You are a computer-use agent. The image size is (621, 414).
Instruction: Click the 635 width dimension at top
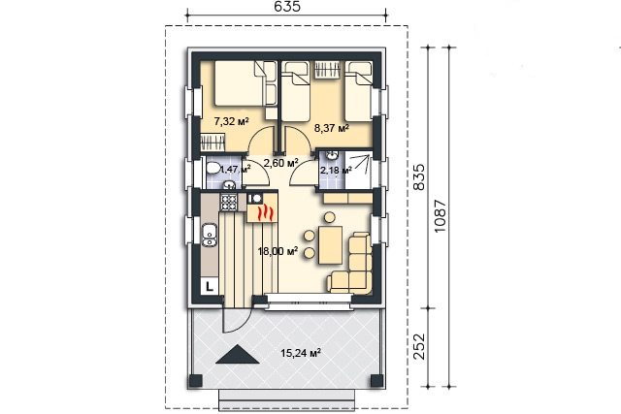287,7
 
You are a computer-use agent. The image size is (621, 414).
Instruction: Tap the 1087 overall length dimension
440,216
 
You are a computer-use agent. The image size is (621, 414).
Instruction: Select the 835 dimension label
418,177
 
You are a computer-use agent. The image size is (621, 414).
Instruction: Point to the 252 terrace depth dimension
418,347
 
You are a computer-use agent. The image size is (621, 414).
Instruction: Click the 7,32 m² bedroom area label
231,121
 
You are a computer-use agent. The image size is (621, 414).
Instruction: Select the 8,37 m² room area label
332,128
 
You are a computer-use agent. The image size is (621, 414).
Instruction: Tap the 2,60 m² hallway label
280,163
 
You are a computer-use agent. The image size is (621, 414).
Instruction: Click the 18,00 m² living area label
278,251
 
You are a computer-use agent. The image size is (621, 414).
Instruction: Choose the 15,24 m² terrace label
301,353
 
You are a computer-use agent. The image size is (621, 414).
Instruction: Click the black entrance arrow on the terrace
238,354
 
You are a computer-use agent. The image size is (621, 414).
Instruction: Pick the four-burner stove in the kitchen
229,202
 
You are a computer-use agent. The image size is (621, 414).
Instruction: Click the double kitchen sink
210,235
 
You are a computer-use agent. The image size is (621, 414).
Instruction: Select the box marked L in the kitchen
210,286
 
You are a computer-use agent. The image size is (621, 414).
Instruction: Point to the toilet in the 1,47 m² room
213,168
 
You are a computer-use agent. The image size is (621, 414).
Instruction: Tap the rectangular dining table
330,245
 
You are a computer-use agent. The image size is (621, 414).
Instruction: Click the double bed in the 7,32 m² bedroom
240,83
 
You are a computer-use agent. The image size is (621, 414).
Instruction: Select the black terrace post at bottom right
376,381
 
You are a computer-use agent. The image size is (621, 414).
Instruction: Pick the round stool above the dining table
330,217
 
